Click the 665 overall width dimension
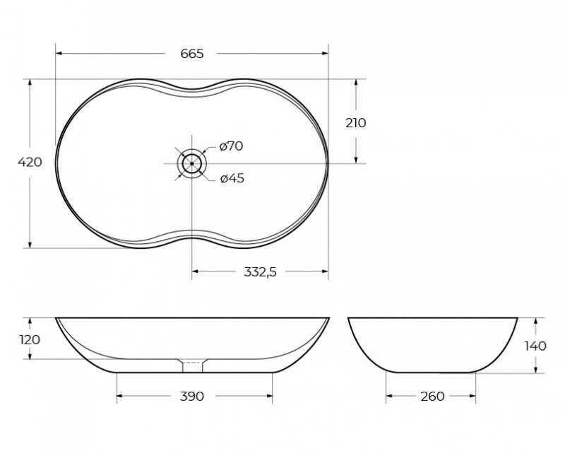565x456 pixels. pos(192,54)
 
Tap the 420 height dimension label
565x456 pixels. pos(30,163)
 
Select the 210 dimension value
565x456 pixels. pos(356,123)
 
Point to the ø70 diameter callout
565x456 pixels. pos(232,146)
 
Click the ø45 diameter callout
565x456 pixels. pos(232,178)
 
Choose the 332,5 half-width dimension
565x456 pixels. pos(260,271)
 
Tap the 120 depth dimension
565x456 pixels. pos(30,340)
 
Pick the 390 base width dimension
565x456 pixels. pos(192,396)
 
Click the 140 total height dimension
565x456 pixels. pos(535,346)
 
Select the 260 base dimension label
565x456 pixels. pos(432,397)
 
